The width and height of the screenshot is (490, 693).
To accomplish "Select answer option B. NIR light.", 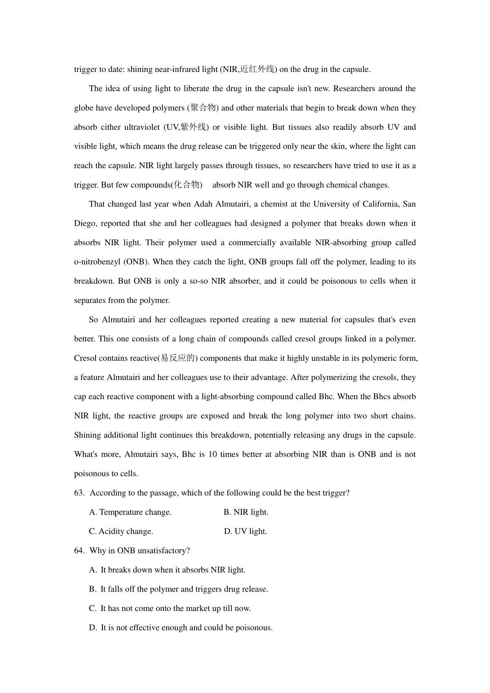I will (246, 512).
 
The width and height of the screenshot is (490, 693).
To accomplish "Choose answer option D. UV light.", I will (245, 531).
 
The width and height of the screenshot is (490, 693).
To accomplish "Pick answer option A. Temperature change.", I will (130, 512).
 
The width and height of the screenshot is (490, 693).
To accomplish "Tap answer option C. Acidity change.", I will (121, 531).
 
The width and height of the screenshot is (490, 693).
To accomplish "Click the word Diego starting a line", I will (85, 224).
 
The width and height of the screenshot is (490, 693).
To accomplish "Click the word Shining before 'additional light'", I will (87, 435).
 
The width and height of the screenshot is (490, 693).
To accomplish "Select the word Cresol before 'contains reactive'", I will (85, 358).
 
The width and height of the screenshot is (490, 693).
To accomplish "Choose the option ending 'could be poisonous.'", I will (181, 628).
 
